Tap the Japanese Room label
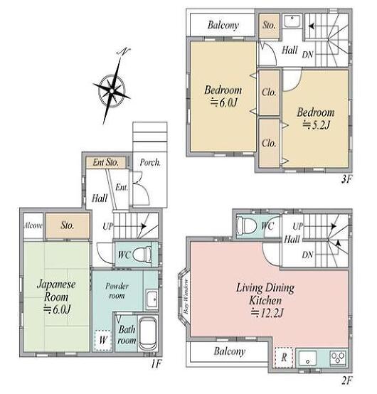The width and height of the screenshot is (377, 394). pos(56,291)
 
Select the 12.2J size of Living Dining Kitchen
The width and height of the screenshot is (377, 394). pos(267,313)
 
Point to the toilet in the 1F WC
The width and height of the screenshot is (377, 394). pos(142,255)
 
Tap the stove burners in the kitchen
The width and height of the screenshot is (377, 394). pos(338,358)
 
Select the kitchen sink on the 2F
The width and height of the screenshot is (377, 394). pos(307,358)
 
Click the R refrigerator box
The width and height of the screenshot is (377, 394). pos(284,358)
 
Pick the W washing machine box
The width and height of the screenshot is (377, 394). pos(103,340)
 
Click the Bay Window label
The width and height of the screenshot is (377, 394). pos(186,297)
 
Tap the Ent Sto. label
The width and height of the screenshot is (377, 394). pos(105,162)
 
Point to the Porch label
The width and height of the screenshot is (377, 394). pos(150,163)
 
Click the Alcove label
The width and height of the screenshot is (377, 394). pos(33,225)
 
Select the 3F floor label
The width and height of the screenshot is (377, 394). pos(346,179)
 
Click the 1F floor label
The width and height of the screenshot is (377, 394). pos(156,363)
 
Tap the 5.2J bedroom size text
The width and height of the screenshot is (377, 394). pos(316,125)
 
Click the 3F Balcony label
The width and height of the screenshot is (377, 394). pos(223,25)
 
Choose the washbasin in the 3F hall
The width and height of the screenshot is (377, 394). pos(292,21)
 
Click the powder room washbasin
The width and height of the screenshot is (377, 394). pos(152,299)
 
